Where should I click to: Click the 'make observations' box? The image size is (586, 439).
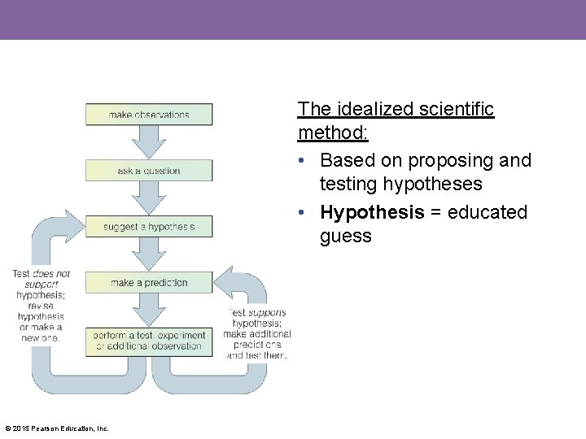[149, 115]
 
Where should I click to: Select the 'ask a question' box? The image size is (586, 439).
[149, 171]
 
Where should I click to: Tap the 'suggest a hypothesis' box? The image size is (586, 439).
[149, 227]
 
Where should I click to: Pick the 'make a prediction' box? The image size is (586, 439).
[149, 283]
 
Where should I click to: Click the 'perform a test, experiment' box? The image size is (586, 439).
[149, 341]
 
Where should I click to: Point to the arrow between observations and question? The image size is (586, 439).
[149, 142]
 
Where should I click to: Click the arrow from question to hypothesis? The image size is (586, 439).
[149, 199]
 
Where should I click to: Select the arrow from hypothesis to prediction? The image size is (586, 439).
[149, 254]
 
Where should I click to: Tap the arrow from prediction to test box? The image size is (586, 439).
[149, 311]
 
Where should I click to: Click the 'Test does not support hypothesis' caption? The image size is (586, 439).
[42, 306]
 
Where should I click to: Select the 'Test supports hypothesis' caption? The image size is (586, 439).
[257, 334]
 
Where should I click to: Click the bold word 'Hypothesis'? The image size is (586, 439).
[372, 212]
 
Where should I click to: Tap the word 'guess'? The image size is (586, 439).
[345, 237]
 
